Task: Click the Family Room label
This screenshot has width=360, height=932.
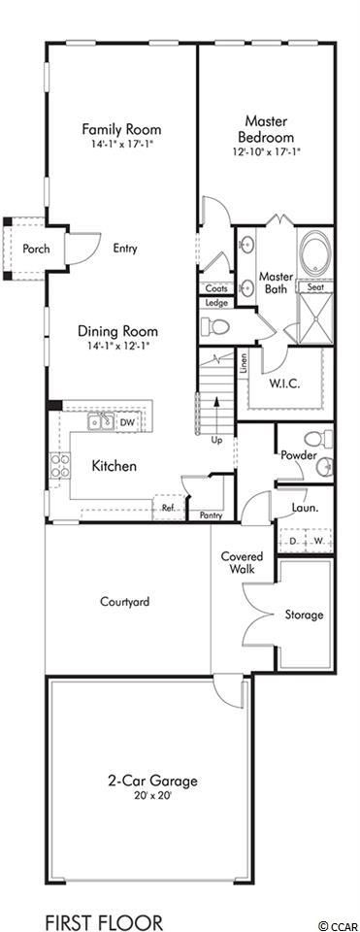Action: tap(121, 129)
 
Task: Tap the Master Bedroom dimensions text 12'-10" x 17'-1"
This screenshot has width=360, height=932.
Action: tap(267, 152)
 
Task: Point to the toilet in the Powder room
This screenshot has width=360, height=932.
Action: tap(317, 440)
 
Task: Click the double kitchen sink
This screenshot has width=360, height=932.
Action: tap(102, 421)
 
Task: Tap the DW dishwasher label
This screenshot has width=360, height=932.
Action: tap(127, 422)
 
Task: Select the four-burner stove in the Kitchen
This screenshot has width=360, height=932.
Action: tap(59, 465)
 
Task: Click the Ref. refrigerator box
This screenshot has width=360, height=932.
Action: tap(169, 507)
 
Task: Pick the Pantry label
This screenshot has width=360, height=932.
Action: tap(211, 516)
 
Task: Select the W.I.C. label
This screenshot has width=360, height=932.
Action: tap(285, 383)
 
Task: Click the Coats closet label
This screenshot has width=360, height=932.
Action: tap(216, 288)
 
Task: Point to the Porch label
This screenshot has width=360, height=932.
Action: tap(36, 250)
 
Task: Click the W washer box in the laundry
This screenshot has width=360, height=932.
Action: tap(318, 541)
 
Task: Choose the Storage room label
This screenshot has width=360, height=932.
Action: tap(304, 615)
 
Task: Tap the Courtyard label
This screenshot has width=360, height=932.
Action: tap(125, 601)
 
